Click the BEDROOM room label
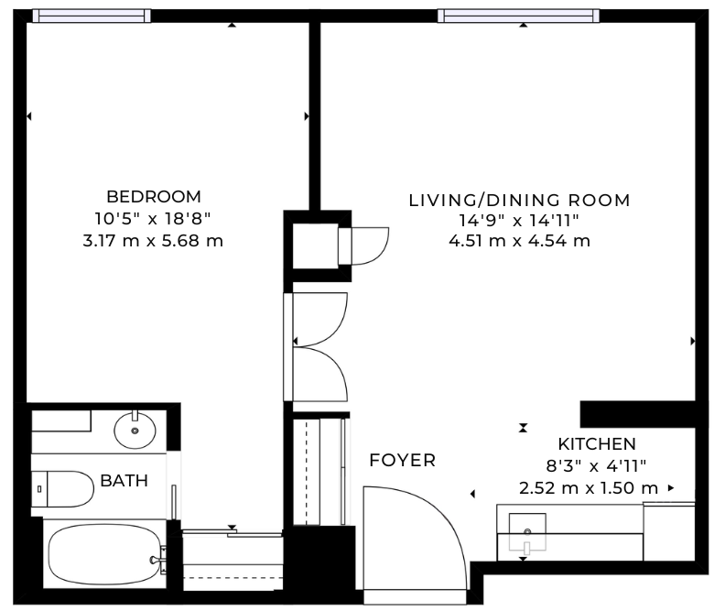coord(153,196)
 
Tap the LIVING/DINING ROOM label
coord(519,200)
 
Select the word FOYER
coord(402,460)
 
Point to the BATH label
coord(124,480)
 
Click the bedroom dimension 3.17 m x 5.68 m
coord(153,242)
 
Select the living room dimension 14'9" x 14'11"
coord(519,221)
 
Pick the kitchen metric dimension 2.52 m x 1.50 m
coord(589,487)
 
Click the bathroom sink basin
coord(136,429)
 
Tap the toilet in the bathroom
coord(64,487)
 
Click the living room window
coord(518,16)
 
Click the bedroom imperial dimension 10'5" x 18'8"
coord(153,220)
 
